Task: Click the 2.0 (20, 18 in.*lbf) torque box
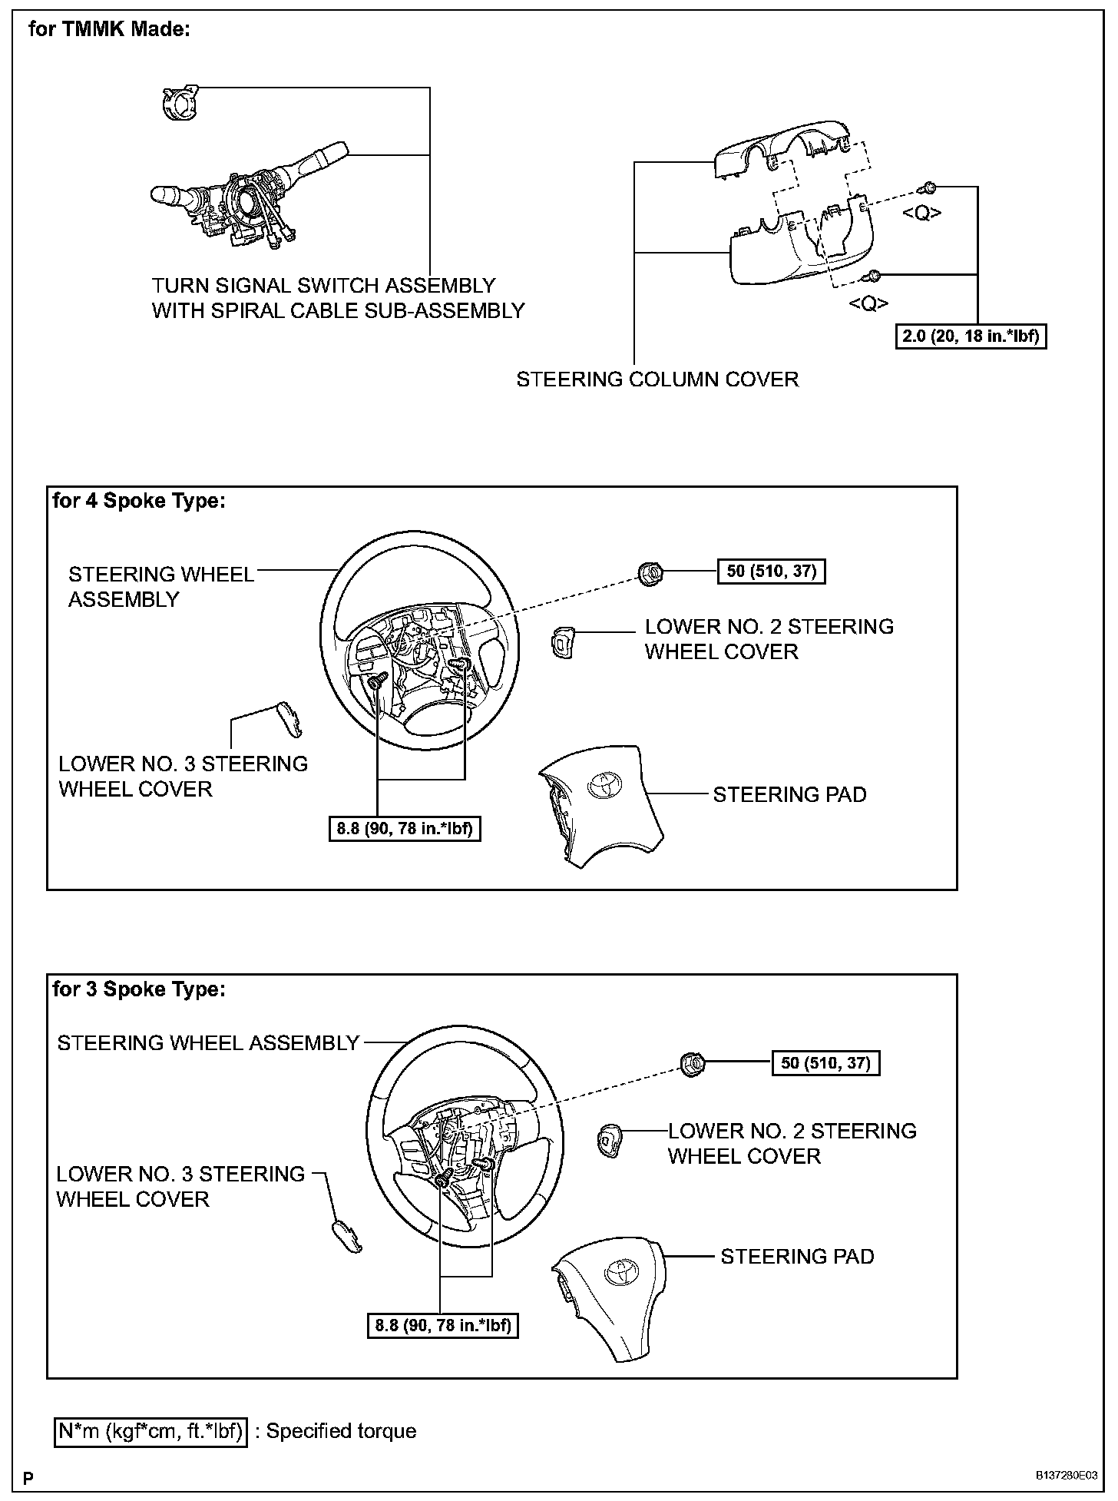click(971, 336)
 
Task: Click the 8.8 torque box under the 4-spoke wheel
click(405, 829)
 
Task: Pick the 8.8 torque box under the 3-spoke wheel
click(443, 1325)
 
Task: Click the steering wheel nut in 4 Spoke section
click(650, 572)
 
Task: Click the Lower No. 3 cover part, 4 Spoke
click(289, 717)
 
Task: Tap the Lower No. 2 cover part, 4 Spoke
click(562, 641)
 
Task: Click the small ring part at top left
click(178, 103)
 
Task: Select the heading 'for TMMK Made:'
click(108, 30)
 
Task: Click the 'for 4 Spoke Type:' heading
click(139, 501)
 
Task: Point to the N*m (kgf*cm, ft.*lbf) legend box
click(151, 1431)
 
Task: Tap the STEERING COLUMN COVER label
click(657, 379)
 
